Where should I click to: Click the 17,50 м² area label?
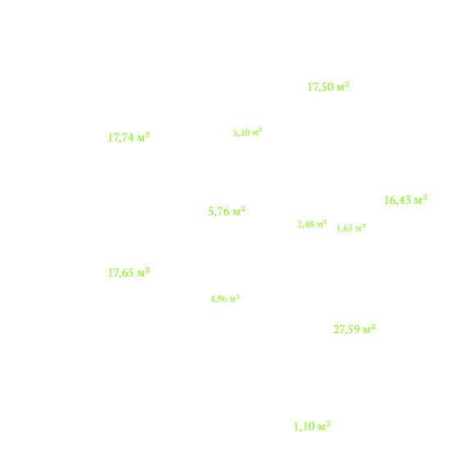328,87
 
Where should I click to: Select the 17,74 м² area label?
129,137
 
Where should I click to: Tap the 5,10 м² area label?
247,133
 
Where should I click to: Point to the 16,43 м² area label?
405,200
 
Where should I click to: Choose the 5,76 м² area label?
227,211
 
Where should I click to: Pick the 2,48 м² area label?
312,224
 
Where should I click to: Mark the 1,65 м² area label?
351,228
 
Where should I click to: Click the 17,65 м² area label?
129,272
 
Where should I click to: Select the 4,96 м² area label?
224,299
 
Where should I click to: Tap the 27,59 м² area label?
355,330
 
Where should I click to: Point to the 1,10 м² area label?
312,426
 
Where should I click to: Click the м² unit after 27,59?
369,329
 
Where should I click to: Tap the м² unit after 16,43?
421,200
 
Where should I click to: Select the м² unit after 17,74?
143,137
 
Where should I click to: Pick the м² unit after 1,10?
324,426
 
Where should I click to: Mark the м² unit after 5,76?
239,211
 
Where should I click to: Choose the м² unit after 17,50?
343,87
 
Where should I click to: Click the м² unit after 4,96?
234,299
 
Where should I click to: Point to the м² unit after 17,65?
143,272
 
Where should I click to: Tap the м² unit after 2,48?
322,224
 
